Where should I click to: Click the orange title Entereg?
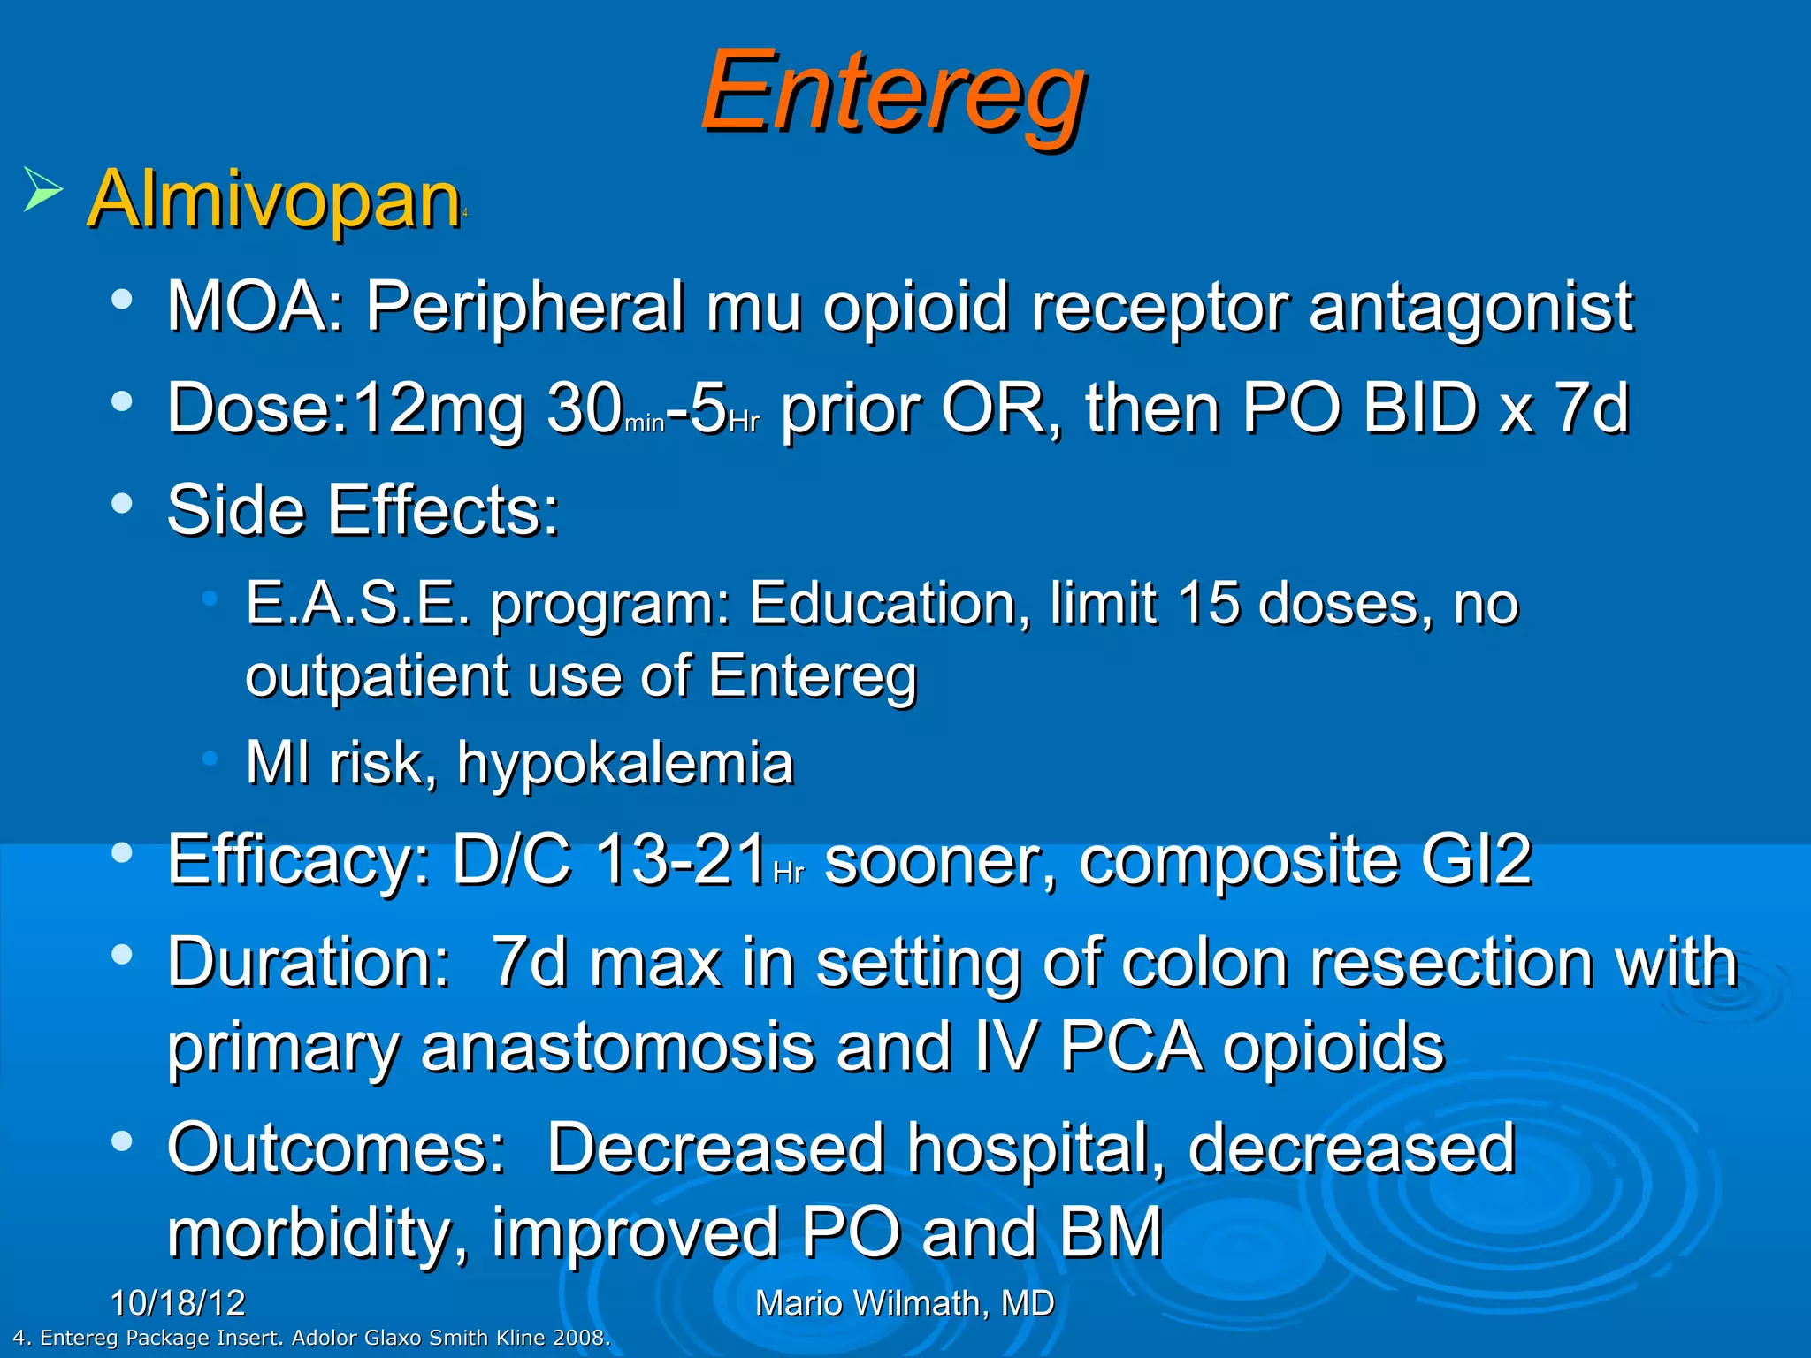(893, 93)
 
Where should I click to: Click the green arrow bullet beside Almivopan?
(42, 188)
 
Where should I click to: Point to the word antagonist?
(1471, 307)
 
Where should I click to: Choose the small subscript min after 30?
(644, 423)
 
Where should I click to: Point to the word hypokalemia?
(625, 762)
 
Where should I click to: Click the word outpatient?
(376, 676)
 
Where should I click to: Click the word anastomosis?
(617, 1046)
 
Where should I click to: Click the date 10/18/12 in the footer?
(178, 1303)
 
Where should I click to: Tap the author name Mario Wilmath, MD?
(905, 1303)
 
